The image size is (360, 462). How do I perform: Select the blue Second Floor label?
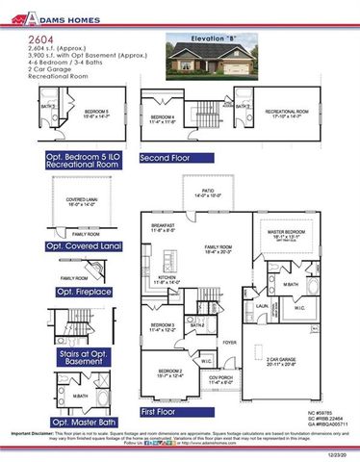pyautogui.click(x=167, y=156)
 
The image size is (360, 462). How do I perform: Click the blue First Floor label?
pyautogui.click(x=163, y=411)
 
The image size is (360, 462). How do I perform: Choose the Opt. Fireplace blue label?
pyautogui.click(x=84, y=291)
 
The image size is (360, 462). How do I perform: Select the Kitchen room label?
pyautogui.click(x=167, y=279)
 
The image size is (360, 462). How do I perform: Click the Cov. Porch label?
pyautogui.click(x=220, y=379)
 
